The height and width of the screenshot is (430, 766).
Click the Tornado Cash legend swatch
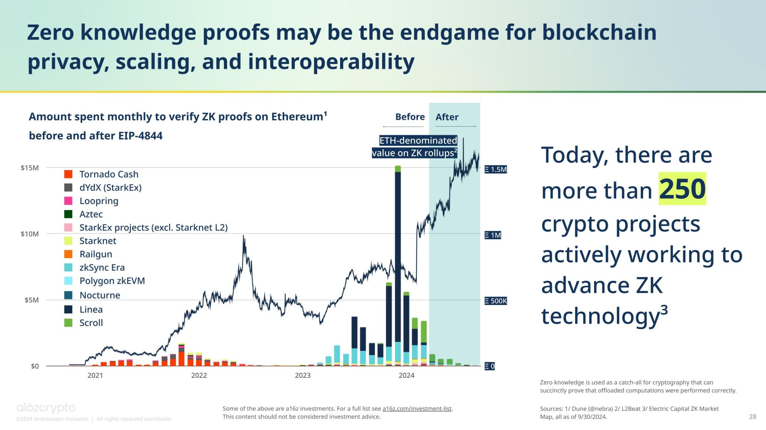coord(68,174)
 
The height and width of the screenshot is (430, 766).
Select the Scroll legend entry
coord(91,323)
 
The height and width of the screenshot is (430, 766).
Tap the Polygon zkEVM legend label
coord(112,281)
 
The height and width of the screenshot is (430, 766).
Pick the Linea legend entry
coord(91,309)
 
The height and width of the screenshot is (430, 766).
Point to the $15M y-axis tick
coord(30,168)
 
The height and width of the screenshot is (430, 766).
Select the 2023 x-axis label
coord(303,375)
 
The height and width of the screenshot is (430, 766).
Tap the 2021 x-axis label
coord(95,375)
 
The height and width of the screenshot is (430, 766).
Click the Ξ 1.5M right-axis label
coord(496,169)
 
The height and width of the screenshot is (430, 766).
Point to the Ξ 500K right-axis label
coord(496,301)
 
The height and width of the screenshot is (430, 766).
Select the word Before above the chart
coord(410,117)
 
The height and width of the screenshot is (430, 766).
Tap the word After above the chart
coord(447,117)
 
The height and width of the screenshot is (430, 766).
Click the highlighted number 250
coord(682,189)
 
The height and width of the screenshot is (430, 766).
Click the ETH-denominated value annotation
coord(415,147)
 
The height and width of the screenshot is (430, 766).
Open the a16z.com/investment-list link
coord(417,409)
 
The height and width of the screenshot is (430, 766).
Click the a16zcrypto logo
coord(46,408)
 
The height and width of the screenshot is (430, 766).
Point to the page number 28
coord(752,417)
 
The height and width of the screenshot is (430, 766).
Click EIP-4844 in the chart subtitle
coord(140,136)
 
